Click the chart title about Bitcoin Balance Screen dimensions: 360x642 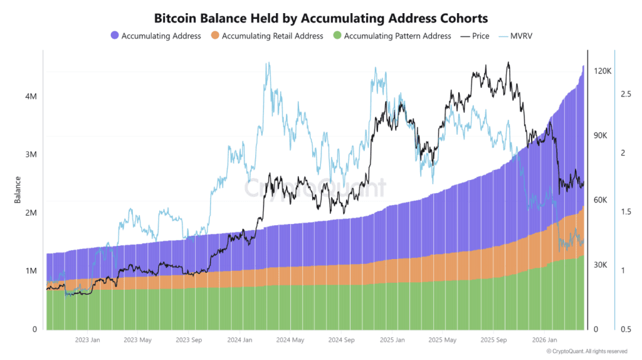click(x=321, y=19)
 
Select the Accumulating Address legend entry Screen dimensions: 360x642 click(x=161, y=36)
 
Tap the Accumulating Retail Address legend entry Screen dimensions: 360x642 click(x=272, y=36)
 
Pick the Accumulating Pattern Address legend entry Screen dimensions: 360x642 click(x=397, y=36)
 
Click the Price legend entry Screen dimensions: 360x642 click(x=480, y=36)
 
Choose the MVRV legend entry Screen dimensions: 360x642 click(x=524, y=36)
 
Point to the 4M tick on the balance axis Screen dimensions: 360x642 click(x=30, y=97)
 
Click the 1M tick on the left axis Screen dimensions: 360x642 click(x=30, y=271)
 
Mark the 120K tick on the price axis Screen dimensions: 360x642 click(x=603, y=71)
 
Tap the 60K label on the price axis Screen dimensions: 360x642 click(x=601, y=200)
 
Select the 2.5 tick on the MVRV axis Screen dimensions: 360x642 click(x=626, y=94)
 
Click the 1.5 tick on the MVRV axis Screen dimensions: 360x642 click(x=626, y=212)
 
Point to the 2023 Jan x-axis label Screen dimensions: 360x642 click(x=87, y=341)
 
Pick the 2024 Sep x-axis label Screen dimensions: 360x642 click(x=341, y=341)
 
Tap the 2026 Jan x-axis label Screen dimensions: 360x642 click(x=544, y=341)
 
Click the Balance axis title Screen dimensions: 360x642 click(x=17, y=189)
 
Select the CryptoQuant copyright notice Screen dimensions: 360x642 click(x=586, y=351)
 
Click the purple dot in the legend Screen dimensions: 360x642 click(x=114, y=36)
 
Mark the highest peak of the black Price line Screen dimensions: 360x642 click(x=508, y=63)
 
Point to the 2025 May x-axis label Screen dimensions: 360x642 click(x=443, y=341)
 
